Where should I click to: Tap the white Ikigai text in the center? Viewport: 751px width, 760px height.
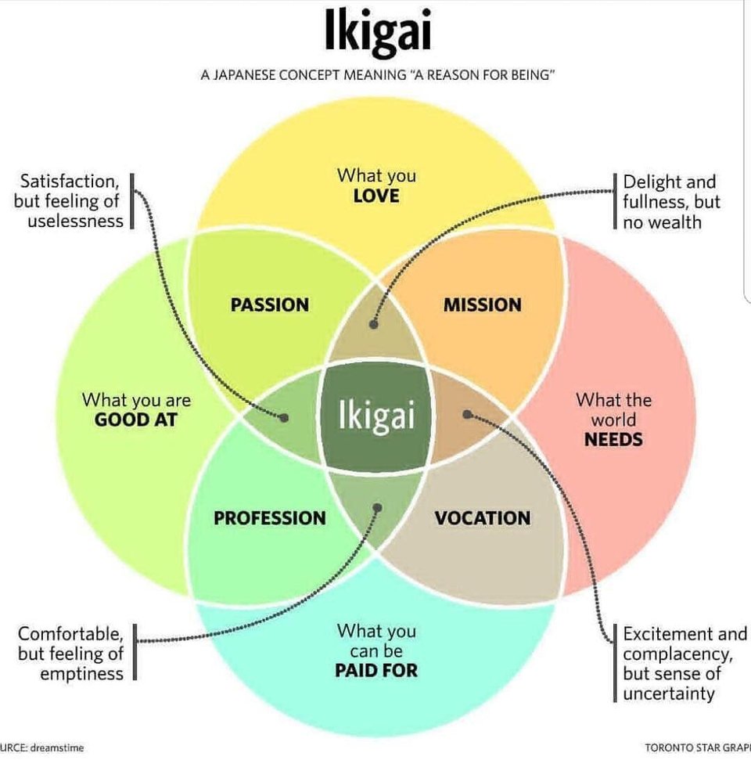tap(376, 415)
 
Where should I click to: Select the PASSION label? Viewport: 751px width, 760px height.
tap(269, 304)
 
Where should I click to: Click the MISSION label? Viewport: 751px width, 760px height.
tap(482, 304)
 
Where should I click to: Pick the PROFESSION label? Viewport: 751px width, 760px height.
tap(269, 518)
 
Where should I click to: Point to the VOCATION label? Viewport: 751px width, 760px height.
tap(482, 518)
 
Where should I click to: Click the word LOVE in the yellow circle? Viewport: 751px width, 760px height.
tap(375, 196)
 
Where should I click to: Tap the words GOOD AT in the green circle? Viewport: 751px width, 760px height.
tap(136, 420)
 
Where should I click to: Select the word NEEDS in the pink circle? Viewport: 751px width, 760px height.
tap(613, 440)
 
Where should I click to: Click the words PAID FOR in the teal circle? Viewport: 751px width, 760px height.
tap(376, 671)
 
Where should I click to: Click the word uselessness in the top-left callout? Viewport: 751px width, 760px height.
tap(75, 222)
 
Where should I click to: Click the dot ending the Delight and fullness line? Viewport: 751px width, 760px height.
tap(374, 323)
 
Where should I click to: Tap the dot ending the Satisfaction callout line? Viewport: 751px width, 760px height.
tap(284, 418)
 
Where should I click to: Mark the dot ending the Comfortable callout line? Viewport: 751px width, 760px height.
tap(377, 507)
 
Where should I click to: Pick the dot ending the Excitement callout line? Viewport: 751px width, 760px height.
tap(466, 414)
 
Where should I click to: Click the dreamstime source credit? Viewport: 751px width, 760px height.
tap(55, 747)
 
